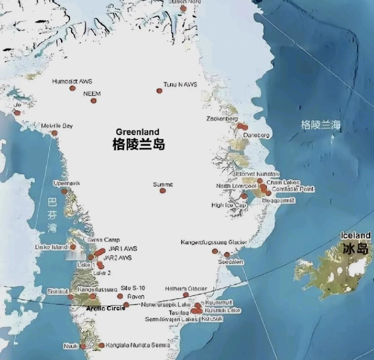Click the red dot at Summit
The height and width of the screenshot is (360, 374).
click(x=162, y=191)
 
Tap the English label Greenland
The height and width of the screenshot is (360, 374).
click(x=137, y=132)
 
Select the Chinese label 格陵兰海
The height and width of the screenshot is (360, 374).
click(x=320, y=125)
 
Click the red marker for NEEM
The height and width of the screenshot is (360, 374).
click(x=93, y=101)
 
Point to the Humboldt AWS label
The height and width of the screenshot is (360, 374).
click(x=72, y=81)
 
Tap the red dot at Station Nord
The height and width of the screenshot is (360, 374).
click(x=183, y=9)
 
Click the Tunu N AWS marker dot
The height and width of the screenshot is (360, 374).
click(x=159, y=91)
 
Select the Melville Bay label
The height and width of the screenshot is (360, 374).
click(x=57, y=126)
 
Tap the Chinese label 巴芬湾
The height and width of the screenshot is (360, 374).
click(x=52, y=215)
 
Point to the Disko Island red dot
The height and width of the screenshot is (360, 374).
click(x=73, y=247)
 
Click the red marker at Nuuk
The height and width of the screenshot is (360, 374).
click(x=83, y=346)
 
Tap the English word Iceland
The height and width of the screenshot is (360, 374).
click(x=356, y=235)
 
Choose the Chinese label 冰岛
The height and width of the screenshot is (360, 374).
click(x=356, y=248)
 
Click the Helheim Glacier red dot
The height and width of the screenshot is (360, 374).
click(x=186, y=295)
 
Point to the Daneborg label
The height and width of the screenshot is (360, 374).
click(x=256, y=135)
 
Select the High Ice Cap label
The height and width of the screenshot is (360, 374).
click(x=228, y=205)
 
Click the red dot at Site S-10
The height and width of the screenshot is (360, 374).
click(x=120, y=296)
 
